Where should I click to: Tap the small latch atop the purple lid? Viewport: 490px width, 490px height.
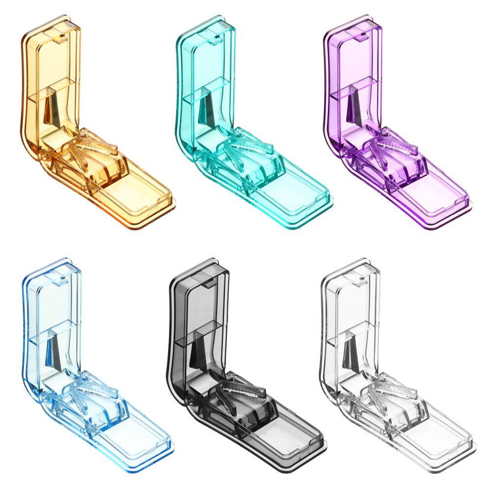(x=362, y=34)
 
